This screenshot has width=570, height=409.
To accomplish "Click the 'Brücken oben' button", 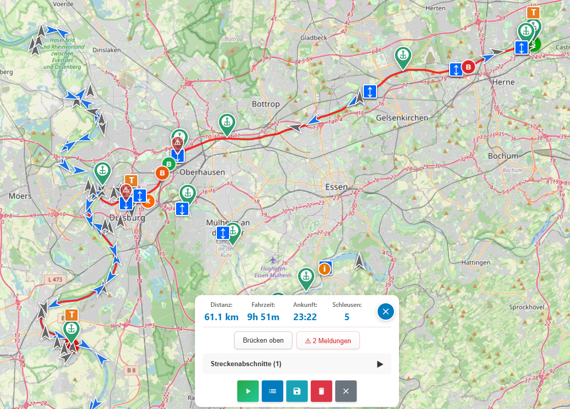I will point(263,341).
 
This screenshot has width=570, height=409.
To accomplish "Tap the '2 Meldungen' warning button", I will point(328,341).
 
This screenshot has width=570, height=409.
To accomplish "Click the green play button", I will point(248,391).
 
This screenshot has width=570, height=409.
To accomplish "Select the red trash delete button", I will point(321,391).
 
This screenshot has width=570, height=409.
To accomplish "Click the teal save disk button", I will point(297,391).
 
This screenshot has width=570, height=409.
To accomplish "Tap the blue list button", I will point(272,391).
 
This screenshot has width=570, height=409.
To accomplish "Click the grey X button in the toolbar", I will point(346,391).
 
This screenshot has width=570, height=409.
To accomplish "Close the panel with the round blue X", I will point(386,311).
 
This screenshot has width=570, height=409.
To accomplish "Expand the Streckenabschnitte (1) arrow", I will point(380,364).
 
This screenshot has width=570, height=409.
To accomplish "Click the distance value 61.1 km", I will point(221,317).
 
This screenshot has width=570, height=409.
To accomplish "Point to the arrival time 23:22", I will point(305,317).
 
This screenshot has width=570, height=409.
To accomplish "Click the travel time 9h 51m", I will point(263,317).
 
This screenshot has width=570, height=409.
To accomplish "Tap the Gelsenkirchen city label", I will point(402,118).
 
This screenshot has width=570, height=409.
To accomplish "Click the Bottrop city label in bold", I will point(266,104).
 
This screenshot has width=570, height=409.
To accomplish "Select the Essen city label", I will point(336,187).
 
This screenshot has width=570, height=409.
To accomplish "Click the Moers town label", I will point(20,196).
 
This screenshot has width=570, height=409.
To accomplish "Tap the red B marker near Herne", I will point(468,66).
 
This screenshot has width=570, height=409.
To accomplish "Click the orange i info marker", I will point(325,269).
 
